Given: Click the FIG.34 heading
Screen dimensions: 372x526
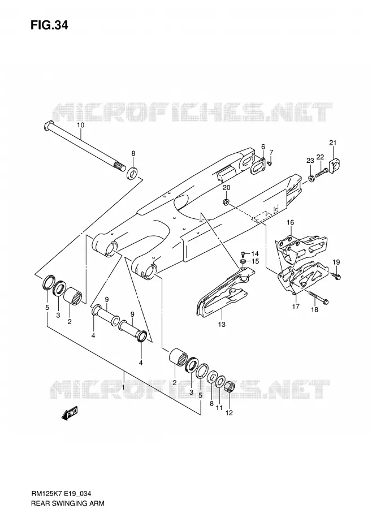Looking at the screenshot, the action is (49, 25).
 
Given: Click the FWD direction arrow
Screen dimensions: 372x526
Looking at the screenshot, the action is (70, 413).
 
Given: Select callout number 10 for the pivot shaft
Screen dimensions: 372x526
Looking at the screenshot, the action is (80, 125).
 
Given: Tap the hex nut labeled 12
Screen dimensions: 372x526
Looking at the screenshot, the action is (229, 387).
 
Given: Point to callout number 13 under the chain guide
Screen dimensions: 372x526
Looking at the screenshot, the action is (222, 325).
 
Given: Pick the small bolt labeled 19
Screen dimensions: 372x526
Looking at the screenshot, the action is (336, 276).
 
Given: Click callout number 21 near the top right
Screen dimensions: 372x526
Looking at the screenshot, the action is (332, 143).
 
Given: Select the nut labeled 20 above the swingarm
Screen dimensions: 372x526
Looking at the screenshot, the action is (226, 201).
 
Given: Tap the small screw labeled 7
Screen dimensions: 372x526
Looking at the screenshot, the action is (270, 163).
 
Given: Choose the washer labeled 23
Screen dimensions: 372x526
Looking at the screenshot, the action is (311, 178).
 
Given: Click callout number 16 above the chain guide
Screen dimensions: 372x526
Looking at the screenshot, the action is (291, 222).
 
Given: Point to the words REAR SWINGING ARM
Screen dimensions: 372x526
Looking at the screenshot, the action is (67, 503).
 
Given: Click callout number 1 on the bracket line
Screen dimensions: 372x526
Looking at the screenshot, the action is (123, 387).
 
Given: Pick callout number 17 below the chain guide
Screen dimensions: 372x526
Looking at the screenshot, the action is (296, 307).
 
